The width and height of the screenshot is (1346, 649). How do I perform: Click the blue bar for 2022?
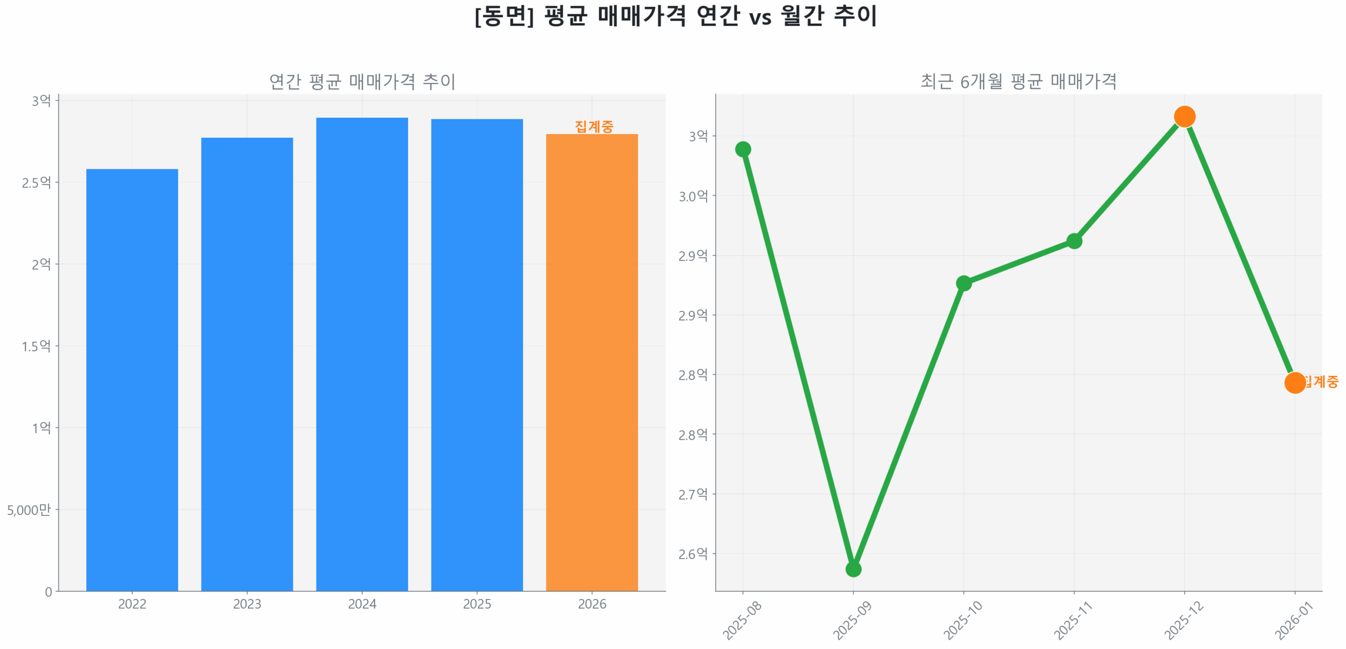point(131,379)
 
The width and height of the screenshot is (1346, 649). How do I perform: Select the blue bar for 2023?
point(247,363)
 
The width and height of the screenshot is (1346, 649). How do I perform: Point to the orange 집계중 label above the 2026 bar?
point(594,126)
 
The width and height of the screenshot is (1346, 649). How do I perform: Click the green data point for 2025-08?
point(742,149)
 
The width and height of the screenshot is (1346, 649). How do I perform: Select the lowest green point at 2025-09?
point(852,569)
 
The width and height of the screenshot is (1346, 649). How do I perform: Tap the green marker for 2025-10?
point(963,283)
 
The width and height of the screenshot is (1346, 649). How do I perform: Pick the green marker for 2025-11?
point(1073,240)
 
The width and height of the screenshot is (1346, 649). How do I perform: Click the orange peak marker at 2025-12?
point(1184,116)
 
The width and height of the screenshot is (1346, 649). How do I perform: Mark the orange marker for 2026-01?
point(1294,382)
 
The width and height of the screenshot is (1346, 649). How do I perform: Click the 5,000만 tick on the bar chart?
point(29,509)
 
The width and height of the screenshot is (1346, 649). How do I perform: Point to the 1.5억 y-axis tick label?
point(36,346)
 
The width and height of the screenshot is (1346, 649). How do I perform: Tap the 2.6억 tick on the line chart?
point(692,553)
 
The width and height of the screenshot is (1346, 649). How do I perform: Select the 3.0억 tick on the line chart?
point(692,196)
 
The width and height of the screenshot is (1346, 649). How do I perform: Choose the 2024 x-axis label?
point(361,603)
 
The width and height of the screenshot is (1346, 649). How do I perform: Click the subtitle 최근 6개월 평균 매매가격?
point(1018,81)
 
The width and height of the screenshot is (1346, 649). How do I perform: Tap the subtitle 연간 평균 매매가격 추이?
point(362,81)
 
